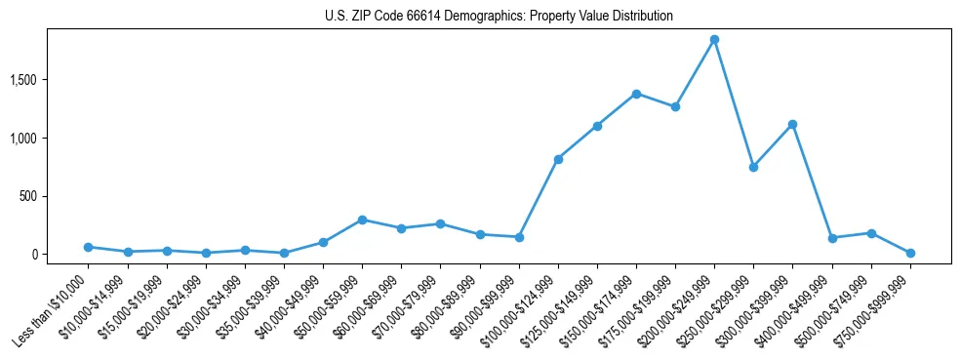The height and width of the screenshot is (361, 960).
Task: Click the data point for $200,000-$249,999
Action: point(714,39)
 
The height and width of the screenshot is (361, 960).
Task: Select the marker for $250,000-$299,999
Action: point(753,167)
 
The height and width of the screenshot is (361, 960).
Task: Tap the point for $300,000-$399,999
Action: point(792,124)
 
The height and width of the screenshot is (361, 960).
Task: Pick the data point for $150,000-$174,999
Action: point(636,94)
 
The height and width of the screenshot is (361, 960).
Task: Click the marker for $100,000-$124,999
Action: point(558,159)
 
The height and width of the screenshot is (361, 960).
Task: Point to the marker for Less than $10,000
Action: point(88,247)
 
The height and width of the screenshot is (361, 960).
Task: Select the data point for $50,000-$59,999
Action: point(362,220)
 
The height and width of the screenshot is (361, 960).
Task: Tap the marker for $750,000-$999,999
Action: point(910,253)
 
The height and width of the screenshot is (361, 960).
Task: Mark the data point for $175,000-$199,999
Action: point(675,106)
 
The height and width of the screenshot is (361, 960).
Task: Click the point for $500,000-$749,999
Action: point(871,233)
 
